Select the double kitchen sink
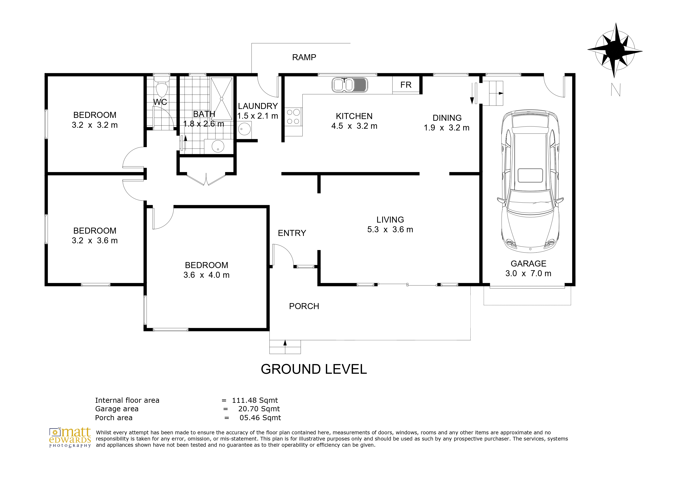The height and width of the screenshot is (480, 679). (350, 85)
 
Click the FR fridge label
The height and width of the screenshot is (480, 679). (406, 85)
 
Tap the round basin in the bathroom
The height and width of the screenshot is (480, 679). (218, 146)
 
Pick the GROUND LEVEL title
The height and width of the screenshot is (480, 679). (314, 369)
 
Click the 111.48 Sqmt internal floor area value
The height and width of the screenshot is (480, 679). (255, 400)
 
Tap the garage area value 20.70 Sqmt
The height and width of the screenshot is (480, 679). (259, 409)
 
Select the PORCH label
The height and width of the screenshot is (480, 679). (304, 306)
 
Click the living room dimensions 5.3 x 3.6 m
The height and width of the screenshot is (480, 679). (390, 230)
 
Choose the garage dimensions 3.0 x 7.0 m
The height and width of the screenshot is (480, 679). (528, 273)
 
